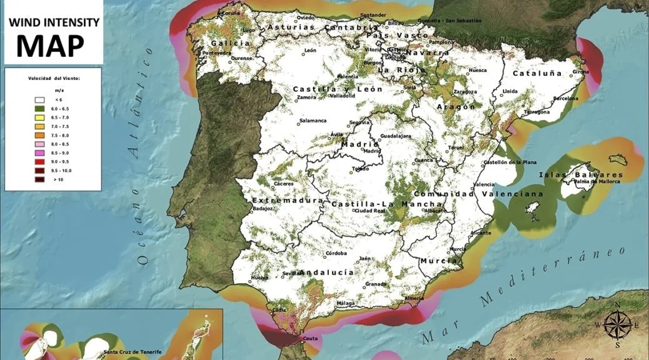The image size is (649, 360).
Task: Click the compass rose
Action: click(617, 324)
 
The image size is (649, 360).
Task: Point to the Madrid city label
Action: click(373, 151)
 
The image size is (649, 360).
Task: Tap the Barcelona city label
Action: click(566, 98)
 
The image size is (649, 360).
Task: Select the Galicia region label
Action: click(226, 43)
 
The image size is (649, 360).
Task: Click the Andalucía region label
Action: click(327, 272)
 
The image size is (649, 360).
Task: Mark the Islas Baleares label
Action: click(581, 174)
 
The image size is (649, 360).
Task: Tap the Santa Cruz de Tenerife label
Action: click(132, 352)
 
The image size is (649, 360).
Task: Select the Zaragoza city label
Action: click(465, 92)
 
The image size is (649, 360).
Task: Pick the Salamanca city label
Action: click(313, 121)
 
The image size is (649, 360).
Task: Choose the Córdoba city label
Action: click(336, 254)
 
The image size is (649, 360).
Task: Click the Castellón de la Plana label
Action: click(510, 162)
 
